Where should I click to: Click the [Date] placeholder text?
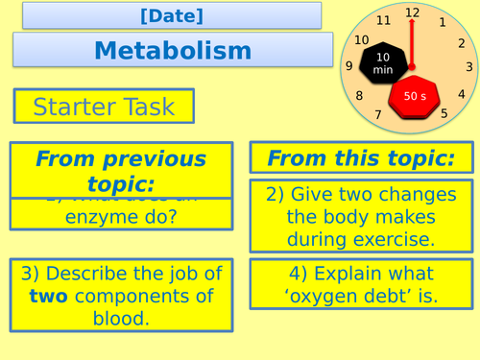172,15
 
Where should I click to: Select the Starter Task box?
104,107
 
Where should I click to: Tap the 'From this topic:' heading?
361,158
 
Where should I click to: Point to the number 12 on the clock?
413,12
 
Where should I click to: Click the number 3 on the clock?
469,66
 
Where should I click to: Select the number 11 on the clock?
384,20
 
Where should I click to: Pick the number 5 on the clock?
443,113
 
